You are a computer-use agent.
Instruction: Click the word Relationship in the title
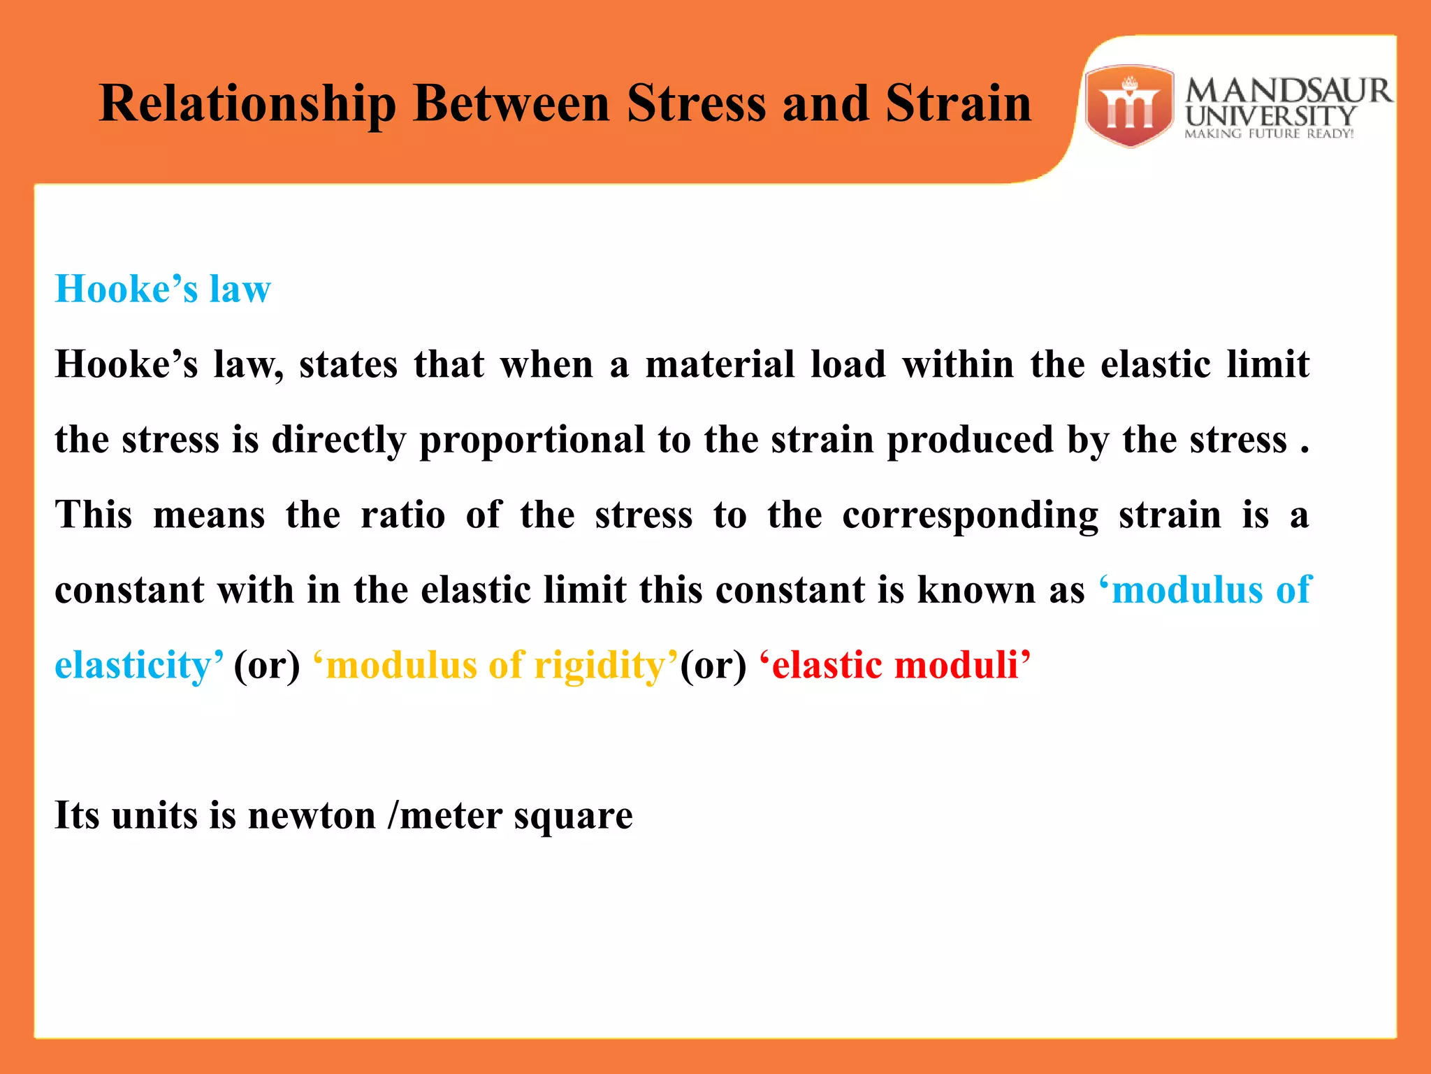click(248, 103)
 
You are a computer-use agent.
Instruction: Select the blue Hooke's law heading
click(163, 289)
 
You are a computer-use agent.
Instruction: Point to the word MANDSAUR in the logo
click(1288, 91)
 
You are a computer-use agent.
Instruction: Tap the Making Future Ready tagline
click(1269, 134)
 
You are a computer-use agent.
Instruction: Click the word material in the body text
click(720, 364)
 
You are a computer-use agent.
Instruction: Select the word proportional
click(532, 440)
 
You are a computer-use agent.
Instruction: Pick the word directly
click(339, 440)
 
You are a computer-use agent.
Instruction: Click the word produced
click(970, 440)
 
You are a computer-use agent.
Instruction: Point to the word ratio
click(402, 515)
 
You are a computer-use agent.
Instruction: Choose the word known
click(976, 589)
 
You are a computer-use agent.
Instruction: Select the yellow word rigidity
click(600, 665)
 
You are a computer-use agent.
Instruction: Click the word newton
click(312, 815)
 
